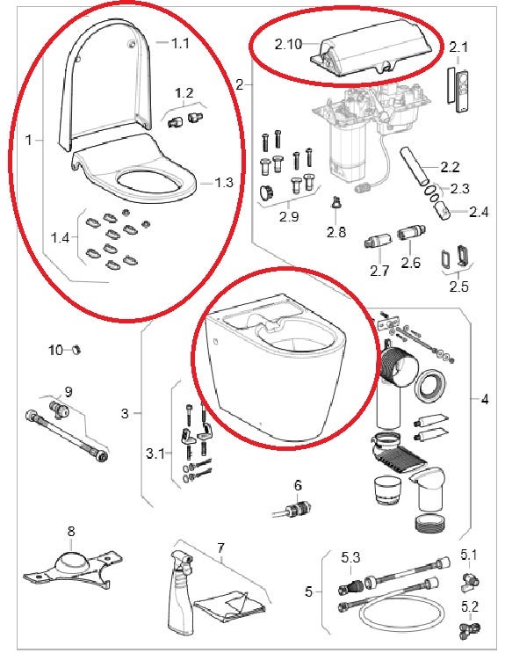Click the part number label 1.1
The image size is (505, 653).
[180, 42]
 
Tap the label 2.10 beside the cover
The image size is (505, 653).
[288, 44]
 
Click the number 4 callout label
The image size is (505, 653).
[485, 400]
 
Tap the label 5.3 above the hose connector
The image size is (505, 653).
[350, 557]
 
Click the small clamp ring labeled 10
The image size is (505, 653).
[76, 350]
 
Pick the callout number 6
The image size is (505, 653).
[298, 485]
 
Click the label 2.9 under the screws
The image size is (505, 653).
[289, 216]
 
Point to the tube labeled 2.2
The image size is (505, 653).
[414, 166]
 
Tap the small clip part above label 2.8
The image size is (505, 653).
[335, 203]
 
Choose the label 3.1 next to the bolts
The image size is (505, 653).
[155, 453]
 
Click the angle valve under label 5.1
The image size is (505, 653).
[470, 580]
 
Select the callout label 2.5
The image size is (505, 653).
[458, 287]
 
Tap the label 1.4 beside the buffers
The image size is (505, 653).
[60, 238]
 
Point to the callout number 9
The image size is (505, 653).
[69, 391]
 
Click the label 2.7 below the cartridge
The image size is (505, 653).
[379, 271]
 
